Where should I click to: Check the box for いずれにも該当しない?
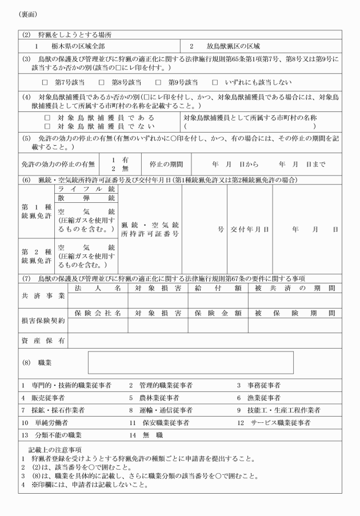tap(215, 82)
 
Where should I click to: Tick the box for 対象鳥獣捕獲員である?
tap(47, 118)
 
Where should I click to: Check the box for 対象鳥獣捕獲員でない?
tap(47, 126)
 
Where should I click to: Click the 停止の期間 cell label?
tap(166, 164)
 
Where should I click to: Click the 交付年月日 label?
tap(250, 230)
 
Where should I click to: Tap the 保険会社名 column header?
tap(98, 313)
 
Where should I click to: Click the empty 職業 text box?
tap(190, 362)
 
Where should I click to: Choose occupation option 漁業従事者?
tap(258, 398)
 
